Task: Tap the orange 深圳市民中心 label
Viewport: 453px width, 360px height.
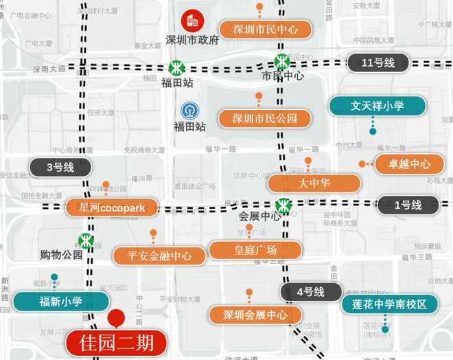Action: pos(265,30)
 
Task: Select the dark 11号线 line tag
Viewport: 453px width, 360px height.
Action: pos(377,63)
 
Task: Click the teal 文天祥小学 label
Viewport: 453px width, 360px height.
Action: pos(377,106)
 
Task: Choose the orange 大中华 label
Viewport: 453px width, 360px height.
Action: pos(314,183)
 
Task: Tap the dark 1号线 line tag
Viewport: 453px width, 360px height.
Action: pos(408,204)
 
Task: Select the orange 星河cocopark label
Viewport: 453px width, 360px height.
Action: pos(111,207)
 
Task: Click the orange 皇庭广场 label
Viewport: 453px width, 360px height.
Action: pos(255,249)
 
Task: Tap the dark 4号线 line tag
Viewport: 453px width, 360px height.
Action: pos(310,291)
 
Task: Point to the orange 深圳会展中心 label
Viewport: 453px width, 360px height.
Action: pos(255,315)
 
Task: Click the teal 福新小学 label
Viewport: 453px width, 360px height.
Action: pos(62,301)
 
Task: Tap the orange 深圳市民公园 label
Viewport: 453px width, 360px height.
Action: pos(265,118)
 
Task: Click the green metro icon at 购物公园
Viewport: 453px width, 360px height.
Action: pos(85,240)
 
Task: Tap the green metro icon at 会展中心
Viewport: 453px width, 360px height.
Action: pos(282,205)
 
